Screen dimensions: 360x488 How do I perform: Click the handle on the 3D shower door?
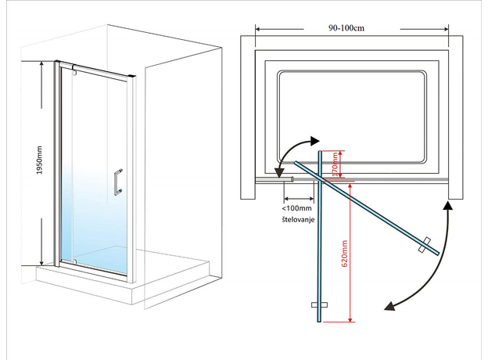tap(117, 182)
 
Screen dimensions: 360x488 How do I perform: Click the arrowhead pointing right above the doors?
tap(316, 141)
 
